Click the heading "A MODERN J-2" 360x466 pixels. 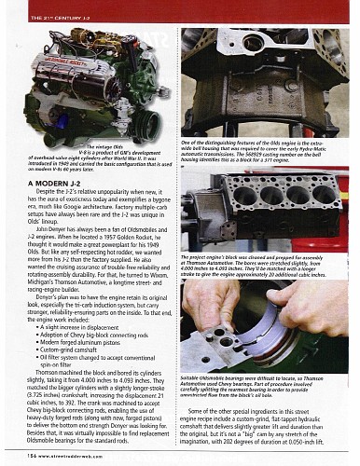tap(53, 187)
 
